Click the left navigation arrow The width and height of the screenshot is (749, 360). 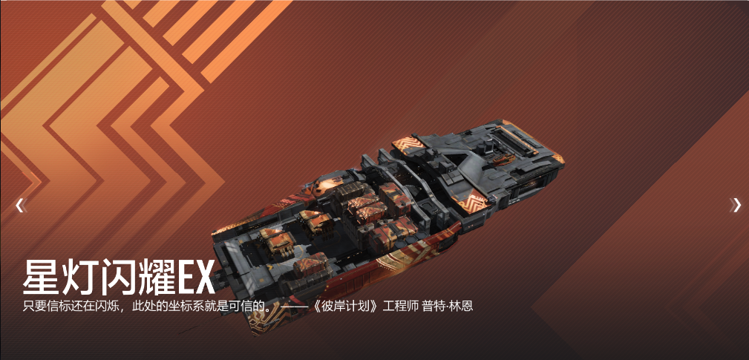[19, 206]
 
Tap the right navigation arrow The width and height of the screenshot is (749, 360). [736, 206]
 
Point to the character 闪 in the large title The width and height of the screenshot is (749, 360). [117, 277]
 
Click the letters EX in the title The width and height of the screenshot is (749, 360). [195, 278]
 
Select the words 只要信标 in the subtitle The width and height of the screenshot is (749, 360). [45, 306]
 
